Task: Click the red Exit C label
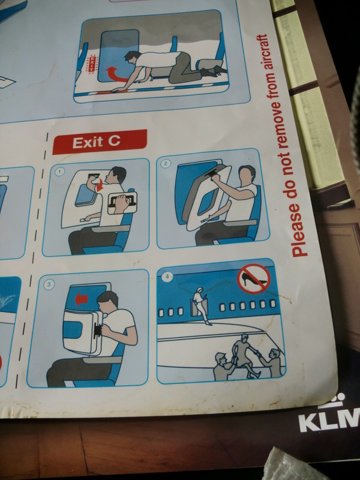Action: [100, 142]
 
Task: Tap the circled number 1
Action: [60, 172]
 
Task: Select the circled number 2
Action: [166, 163]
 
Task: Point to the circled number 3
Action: [49, 285]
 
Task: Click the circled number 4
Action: [167, 277]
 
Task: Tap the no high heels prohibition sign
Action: [254, 279]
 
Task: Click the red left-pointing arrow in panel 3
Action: [82, 299]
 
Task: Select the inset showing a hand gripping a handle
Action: [122, 203]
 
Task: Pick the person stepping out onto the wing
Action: [200, 305]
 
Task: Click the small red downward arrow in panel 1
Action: [98, 185]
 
